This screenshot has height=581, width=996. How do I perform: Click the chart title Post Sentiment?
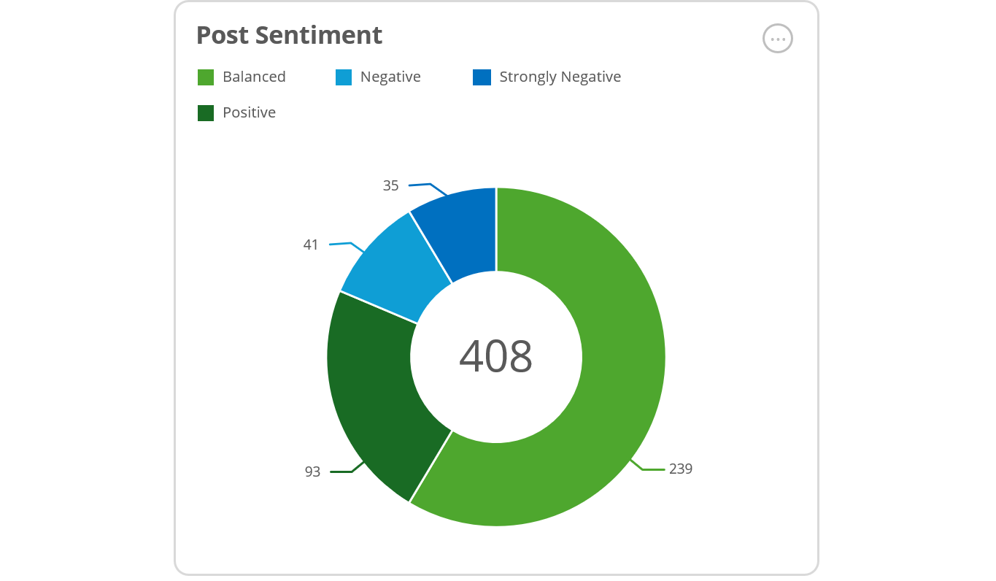(289, 35)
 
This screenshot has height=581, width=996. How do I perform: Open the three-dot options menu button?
(777, 39)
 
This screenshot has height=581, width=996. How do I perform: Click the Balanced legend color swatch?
(206, 77)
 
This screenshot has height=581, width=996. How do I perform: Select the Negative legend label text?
(390, 77)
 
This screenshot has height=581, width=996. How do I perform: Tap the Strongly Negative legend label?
(560, 77)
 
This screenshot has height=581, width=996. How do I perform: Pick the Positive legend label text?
(249, 113)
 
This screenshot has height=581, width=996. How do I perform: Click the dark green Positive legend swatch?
(206, 113)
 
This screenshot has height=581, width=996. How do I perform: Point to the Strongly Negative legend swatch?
(482, 77)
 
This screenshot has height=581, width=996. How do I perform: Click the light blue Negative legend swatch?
(344, 77)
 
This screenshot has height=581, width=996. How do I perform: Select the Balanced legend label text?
(254, 77)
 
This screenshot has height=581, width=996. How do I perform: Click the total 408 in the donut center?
(496, 356)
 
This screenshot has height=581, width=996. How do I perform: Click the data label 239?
(680, 469)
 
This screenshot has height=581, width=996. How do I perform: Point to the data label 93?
(312, 472)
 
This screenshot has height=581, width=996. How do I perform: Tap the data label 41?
(311, 245)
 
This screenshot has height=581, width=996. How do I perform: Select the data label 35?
(391, 186)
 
